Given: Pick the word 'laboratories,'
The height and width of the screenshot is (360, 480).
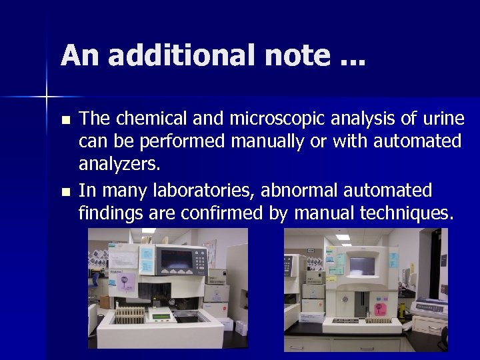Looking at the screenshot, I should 205,191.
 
